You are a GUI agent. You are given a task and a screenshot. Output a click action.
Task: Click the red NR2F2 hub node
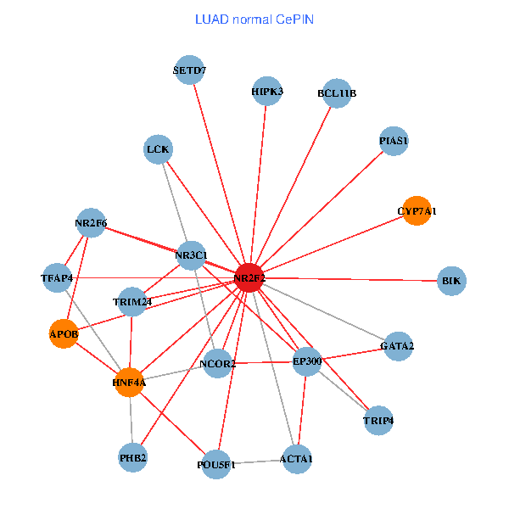tap(249, 277)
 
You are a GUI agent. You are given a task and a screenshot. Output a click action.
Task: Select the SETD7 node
tap(190, 70)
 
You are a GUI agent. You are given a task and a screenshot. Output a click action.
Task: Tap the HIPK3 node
tap(268, 92)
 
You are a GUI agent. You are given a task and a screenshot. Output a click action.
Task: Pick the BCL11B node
tap(337, 93)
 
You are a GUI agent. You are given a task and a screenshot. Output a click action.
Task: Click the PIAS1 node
tap(394, 141)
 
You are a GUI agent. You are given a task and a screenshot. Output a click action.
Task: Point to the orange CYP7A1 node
tap(417, 210)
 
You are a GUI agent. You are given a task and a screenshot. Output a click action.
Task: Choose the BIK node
tap(451, 280)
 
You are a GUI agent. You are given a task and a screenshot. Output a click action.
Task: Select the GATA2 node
tap(398, 346)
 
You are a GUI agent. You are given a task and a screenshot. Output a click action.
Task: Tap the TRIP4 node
tap(378, 421)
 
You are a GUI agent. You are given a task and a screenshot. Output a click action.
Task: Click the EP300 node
tap(307, 361)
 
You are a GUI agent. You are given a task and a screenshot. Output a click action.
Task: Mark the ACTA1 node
tap(297, 460)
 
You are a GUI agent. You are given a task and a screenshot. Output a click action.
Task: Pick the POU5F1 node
tap(217, 465)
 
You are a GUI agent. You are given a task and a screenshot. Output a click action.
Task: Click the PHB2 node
tap(133, 458)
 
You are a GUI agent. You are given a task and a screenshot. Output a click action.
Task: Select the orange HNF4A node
tap(129, 383)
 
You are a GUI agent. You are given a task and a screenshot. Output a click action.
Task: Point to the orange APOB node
tap(64, 334)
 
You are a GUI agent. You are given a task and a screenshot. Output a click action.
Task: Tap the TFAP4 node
tap(58, 278)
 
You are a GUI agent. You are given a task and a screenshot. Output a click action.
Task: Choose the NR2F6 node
tap(90, 223)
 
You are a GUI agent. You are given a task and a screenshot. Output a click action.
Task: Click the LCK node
tap(159, 150)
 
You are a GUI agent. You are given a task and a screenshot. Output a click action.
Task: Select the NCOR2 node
tap(217, 364)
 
